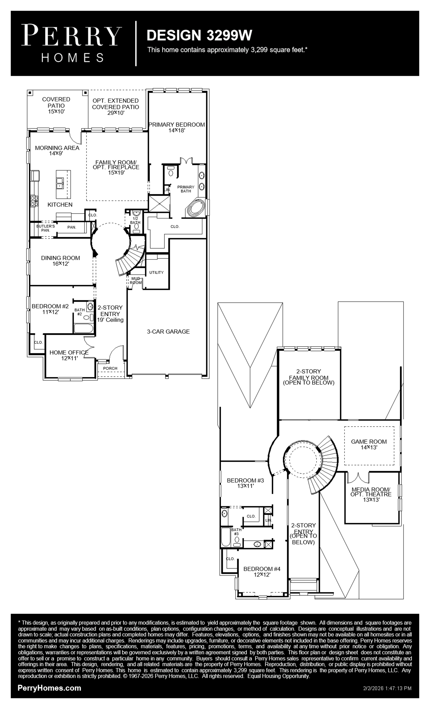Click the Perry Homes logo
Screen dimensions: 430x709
click(x=71, y=43)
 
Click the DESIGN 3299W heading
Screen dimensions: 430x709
click(x=199, y=35)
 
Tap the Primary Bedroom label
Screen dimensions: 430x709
click(x=177, y=125)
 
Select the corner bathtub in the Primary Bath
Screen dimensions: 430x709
click(x=196, y=208)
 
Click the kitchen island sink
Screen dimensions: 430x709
click(x=60, y=183)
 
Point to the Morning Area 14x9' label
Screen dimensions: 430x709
click(x=57, y=150)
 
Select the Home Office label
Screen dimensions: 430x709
click(x=69, y=352)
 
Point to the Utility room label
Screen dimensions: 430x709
click(x=156, y=272)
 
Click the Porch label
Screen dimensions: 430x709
click(x=110, y=368)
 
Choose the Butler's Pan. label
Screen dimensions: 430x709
click(x=45, y=228)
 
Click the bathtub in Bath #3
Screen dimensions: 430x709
click(x=226, y=537)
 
